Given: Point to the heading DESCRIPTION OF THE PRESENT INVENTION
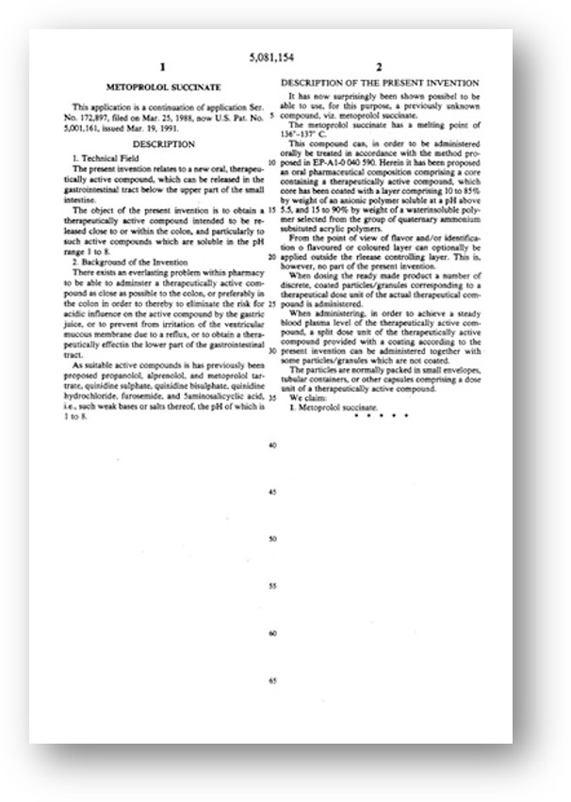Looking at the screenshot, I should [380, 84].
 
